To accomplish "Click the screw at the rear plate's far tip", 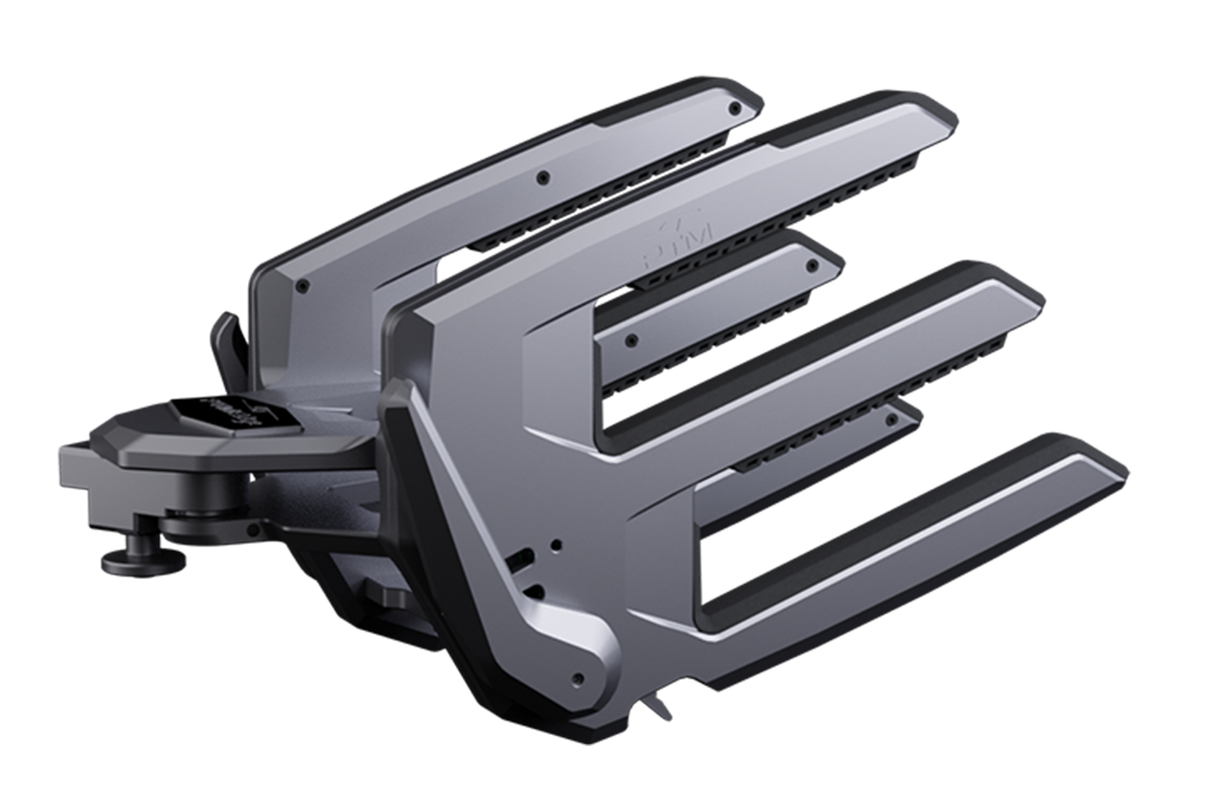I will coord(734,109).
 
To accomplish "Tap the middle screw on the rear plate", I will coord(541,177).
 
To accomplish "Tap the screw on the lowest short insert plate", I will coord(892,420).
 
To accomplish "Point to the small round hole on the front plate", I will coord(556,544).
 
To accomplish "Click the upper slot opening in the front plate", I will coord(519,561).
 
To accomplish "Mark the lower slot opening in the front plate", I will coord(533,592).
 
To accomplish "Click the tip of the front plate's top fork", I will coord(935,121).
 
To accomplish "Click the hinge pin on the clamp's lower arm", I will coord(211,525).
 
